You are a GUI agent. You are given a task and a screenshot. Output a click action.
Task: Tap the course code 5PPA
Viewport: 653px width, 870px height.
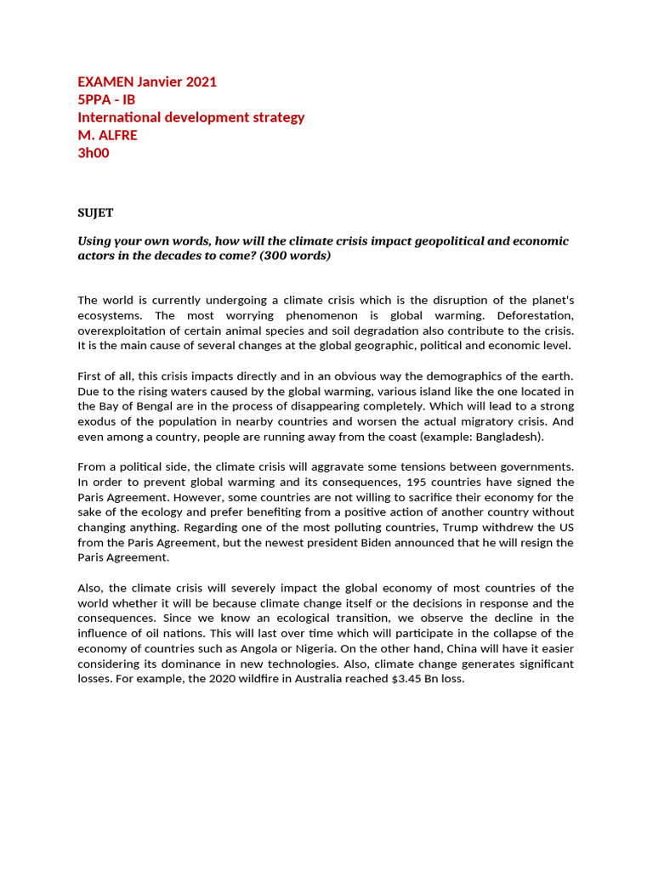click(x=95, y=99)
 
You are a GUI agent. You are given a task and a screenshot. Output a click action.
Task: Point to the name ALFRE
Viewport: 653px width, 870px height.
click(x=117, y=135)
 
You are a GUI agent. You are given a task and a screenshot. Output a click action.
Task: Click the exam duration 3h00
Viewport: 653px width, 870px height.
click(x=94, y=153)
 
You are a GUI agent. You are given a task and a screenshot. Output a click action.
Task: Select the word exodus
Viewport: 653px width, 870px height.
click(x=98, y=421)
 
